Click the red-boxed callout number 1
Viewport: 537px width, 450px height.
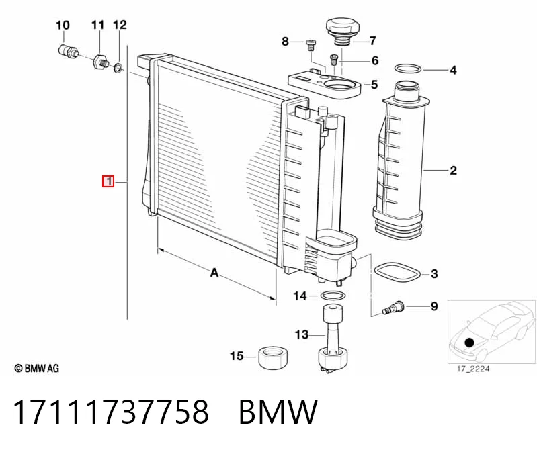click(x=108, y=181)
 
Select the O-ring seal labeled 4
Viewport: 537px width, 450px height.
click(x=407, y=69)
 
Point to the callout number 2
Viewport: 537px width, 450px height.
click(x=453, y=170)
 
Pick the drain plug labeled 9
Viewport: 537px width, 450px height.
click(x=393, y=307)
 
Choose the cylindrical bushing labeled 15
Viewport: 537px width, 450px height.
click(x=273, y=357)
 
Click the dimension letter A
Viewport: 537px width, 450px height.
click(x=214, y=273)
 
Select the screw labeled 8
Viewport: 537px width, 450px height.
click(x=311, y=45)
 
